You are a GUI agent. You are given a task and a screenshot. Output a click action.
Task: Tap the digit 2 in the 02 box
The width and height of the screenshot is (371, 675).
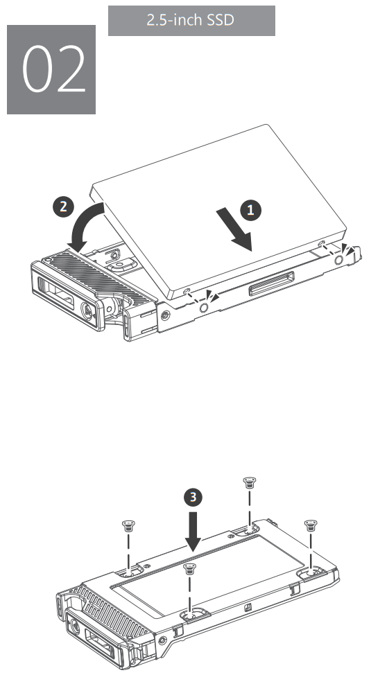pyautogui.click(x=70, y=71)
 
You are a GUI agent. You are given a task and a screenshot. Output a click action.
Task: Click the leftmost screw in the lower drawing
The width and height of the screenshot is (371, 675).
pyautogui.click(x=128, y=525)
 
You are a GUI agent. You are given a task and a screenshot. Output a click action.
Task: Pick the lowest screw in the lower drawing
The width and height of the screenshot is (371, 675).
pyautogui.click(x=187, y=569)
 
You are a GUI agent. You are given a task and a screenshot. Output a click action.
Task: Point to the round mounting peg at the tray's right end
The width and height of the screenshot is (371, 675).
pyautogui.click(x=338, y=258)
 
